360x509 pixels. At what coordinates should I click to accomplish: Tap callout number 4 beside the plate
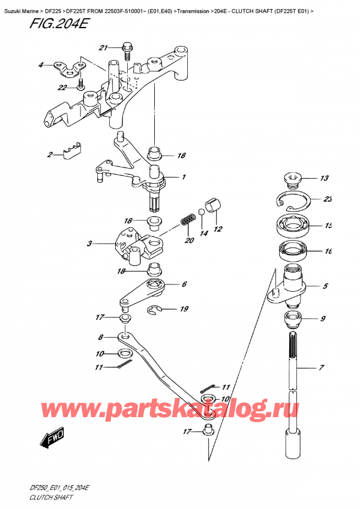[x=41, y=65]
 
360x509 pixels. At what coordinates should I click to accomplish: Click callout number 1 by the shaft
[x=184, y=177]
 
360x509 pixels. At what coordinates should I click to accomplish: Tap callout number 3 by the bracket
[x=89, y=244]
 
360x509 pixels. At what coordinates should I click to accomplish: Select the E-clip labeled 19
[x=157, y=309]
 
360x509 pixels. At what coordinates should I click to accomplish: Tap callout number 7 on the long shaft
[x=322, y=367]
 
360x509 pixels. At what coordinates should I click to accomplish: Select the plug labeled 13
[x=292, y=178]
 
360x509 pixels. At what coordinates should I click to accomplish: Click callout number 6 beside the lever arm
[x=184, y=285]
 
